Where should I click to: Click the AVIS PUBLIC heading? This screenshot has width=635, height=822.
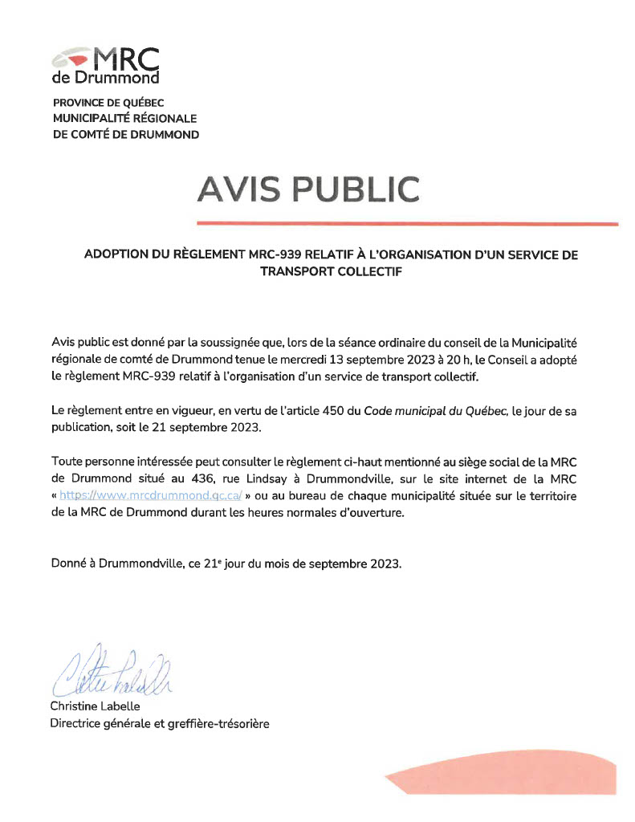click(x=308, y=189)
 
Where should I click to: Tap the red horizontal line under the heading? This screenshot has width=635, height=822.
click(x=407, y=223)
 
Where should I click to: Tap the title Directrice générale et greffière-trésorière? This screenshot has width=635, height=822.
click(x=160, y=723)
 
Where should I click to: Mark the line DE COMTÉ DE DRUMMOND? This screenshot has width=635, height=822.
click(x=125, y=135)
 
